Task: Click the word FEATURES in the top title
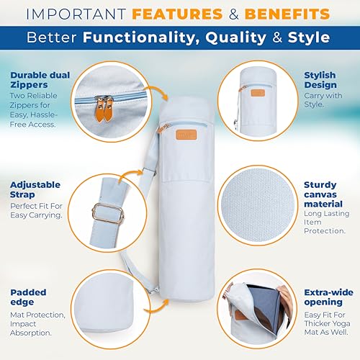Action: click(177, 14)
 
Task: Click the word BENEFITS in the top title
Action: click(287, 14)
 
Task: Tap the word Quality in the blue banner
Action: click(235, 37)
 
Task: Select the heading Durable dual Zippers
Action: click(40, 80)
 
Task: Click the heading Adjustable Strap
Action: click(35, 189)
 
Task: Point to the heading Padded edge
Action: click(28, 297)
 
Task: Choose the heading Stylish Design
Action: click(320, 80)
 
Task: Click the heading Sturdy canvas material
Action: click(323, 194)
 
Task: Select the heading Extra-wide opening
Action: click(328, 297)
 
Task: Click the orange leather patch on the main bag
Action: click(186, 135)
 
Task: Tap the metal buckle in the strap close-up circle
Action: click(108, 214)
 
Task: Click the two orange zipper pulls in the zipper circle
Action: click(104, 109)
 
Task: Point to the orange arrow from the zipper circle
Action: click(157, 91)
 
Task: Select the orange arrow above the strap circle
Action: click(130, 174)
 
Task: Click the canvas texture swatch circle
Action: click(258, 205)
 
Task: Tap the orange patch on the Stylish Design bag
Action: click(258, 93)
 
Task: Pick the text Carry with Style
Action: click(323, 100)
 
